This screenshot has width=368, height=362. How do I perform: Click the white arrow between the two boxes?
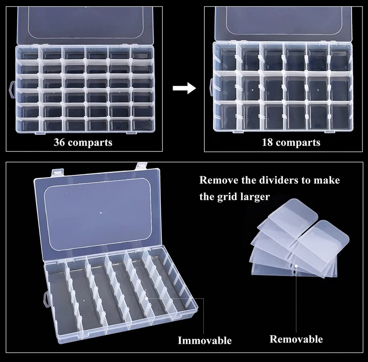[x=184, y=88]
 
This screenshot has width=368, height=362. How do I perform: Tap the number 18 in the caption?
[x=267, y=142]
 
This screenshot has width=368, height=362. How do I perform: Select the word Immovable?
[x=205, y=341]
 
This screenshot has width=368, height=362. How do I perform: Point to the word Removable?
[x=296, y=340]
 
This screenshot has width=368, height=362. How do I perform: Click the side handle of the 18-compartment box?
[x=211, y=87]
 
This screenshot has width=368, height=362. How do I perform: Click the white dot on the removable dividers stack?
[x=296, y=266]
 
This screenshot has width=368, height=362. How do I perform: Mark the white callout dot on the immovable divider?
[x=146, y=299]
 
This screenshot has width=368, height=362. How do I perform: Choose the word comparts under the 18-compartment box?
[x=298, y=143]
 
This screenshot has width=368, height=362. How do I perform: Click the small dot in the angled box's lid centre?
[x=101, y=213]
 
